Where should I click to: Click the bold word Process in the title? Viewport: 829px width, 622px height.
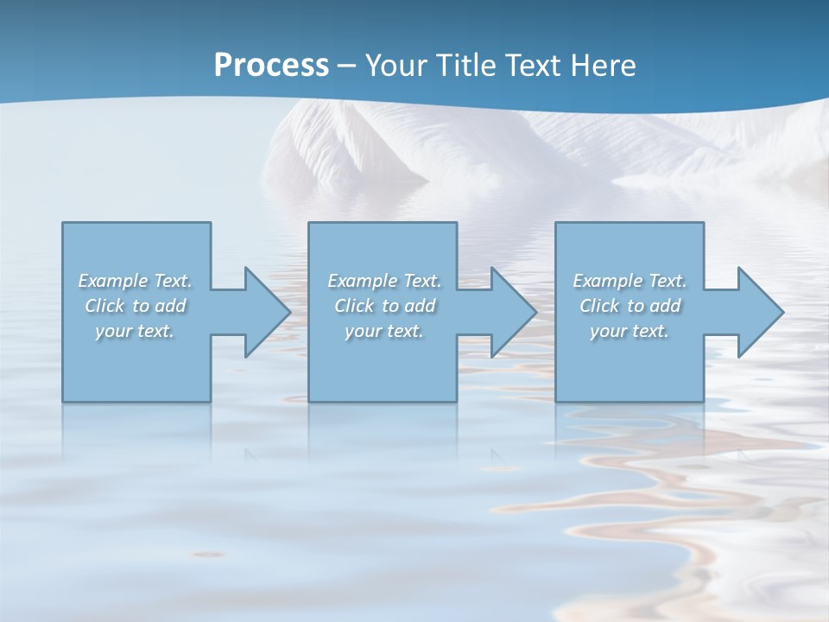point(271,66)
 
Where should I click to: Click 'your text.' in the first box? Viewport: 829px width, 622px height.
point(135,331)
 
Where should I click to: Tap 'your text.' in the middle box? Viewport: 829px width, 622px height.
point(384,331)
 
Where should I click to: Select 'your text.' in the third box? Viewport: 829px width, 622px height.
point(630,331)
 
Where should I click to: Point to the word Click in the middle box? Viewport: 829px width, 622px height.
point(354,306)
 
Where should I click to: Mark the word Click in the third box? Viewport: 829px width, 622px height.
point(599,306)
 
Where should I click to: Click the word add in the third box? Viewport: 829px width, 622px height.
point(665,306)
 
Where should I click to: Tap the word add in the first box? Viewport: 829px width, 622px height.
point(170,306)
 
